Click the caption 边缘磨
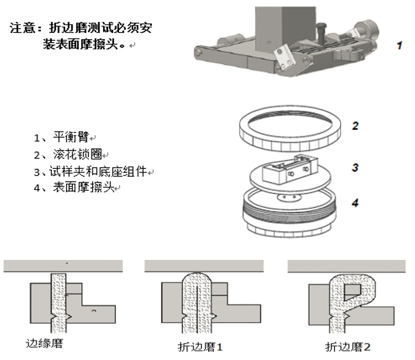click(44, 344)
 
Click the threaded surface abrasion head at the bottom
click(290, 211)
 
